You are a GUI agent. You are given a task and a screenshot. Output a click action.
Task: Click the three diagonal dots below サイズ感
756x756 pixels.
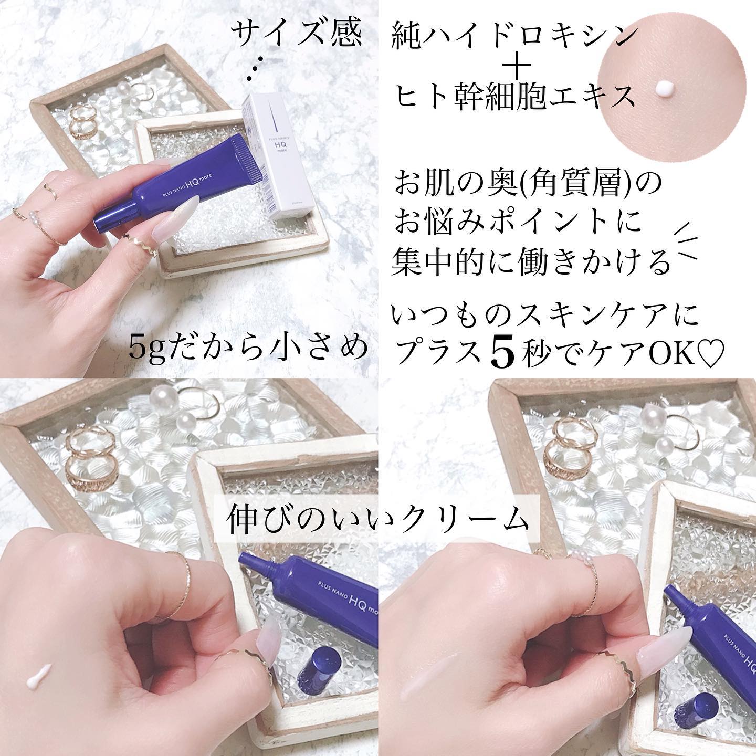[257, 70]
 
